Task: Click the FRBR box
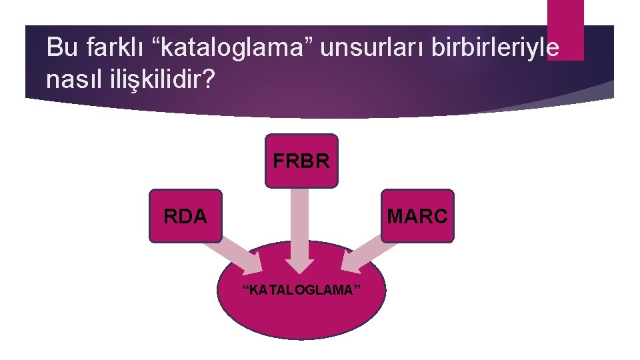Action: click(301, 161)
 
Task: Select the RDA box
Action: click(185, 216)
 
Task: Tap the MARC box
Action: click(417, 216)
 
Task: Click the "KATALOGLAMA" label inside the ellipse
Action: click(302, 290)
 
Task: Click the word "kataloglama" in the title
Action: click(223, 48)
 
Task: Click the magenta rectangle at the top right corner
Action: click(565, 30)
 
